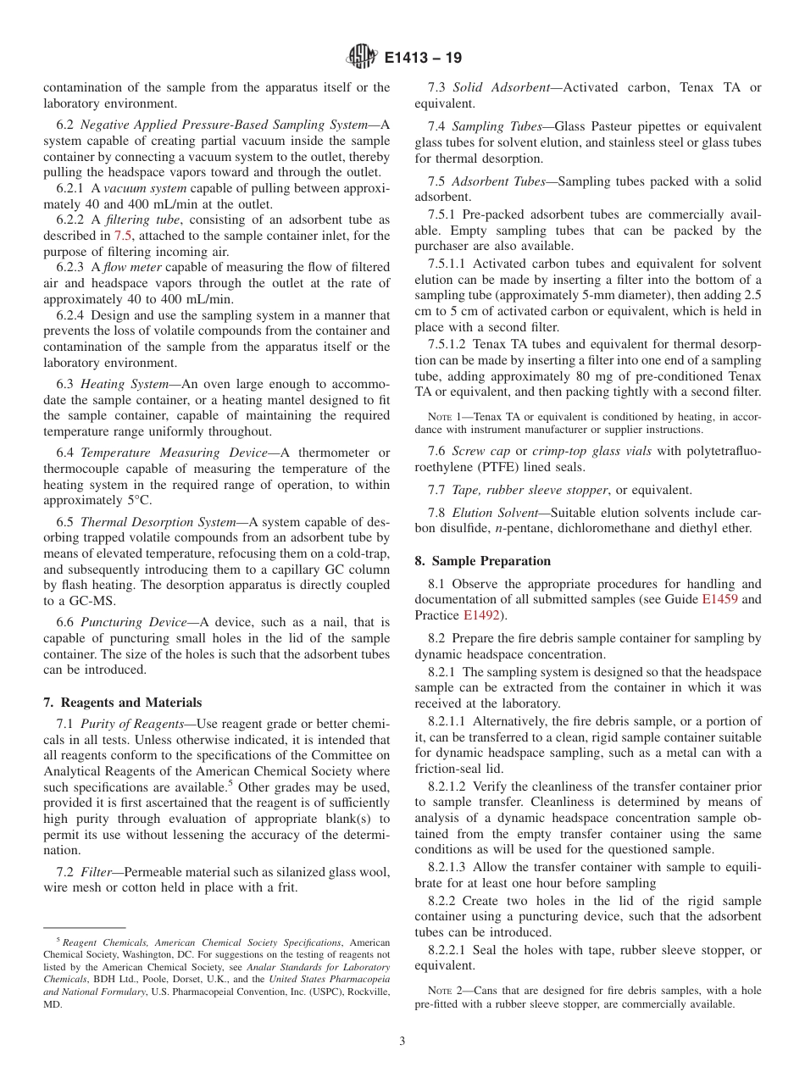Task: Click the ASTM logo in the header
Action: coord(362,58)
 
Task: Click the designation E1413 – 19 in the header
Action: coord(423,58)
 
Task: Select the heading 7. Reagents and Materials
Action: coord(123,702)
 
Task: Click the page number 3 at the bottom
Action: coord(402,1042)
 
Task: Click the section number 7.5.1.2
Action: coord(447,344)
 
